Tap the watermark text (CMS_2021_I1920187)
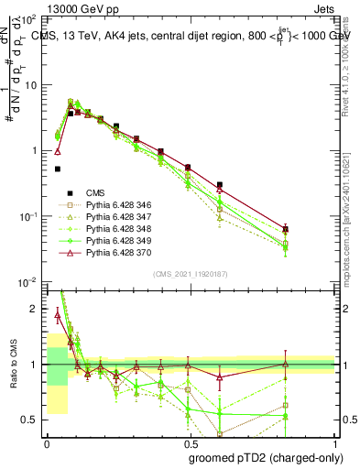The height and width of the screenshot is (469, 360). coord(191,272)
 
